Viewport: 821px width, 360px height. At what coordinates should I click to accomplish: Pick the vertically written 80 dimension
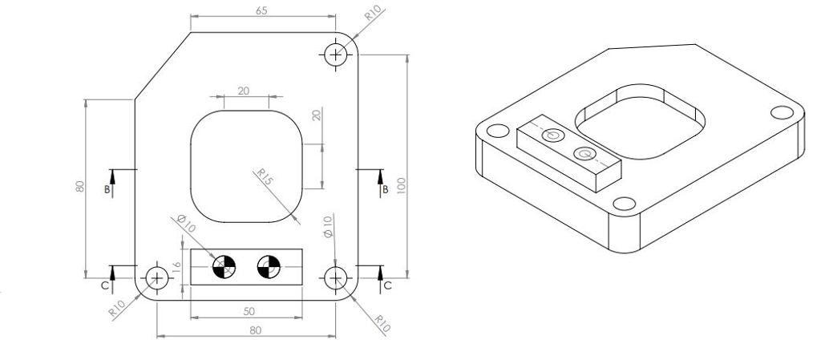tap(79, 186)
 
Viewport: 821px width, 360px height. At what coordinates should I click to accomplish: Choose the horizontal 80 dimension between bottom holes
tap(255, 329)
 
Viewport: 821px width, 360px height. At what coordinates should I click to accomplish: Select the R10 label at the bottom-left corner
tap(119, 308)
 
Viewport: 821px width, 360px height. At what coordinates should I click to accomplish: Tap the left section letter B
tap(107, 190)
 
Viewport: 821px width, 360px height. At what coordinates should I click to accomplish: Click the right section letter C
tap(387, 285)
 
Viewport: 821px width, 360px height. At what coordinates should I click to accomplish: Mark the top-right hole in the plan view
tap(335, 54)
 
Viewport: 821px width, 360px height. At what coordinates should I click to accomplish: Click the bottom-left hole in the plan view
tap(156, 278)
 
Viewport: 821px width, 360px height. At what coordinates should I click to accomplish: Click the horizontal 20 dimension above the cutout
tap(244, 91)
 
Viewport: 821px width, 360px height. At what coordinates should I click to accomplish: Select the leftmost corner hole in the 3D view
tap(495, 131)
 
